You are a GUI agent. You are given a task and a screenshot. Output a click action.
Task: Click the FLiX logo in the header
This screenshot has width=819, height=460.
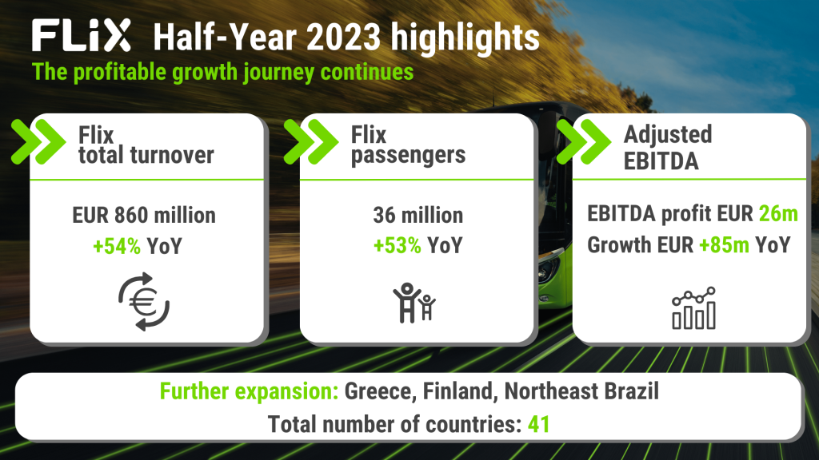(x=80, y=37)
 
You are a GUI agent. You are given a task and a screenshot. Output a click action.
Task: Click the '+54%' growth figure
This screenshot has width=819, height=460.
(x=116, y=245)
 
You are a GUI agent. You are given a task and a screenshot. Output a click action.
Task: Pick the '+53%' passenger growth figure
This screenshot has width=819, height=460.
(x=397, y=245)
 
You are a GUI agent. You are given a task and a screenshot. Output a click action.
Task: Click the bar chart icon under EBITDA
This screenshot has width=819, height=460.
(x=693, y=308)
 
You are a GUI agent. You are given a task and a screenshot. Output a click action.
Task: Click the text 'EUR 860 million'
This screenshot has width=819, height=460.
(x=145, y=215)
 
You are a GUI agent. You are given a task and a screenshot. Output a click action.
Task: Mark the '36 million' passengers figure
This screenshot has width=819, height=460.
(x=417, y=215)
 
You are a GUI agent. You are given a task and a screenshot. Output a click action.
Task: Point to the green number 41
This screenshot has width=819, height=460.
(x=539, y=423)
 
